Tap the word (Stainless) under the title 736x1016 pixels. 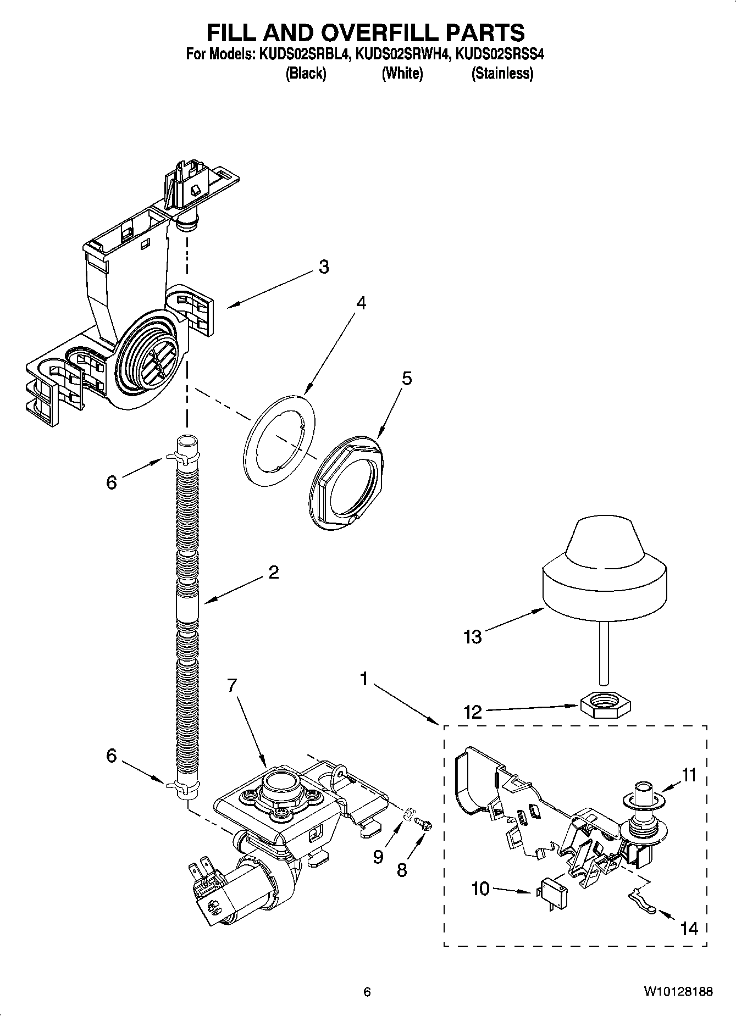pyautogui.click(x=502, y=73)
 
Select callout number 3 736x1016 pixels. pyautogui.click(x=324, y=267)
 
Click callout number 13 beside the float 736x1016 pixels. pyautogui.click(x=472, y=637)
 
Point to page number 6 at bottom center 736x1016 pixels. pyautogui.click(x=367, y=992)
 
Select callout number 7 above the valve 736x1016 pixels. pyautogui.click(x=232, y=685)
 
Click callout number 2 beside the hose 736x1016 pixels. pyautogui.click(x=273, y=573)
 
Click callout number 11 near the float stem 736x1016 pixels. pyautogui.click(x=689, y=775)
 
